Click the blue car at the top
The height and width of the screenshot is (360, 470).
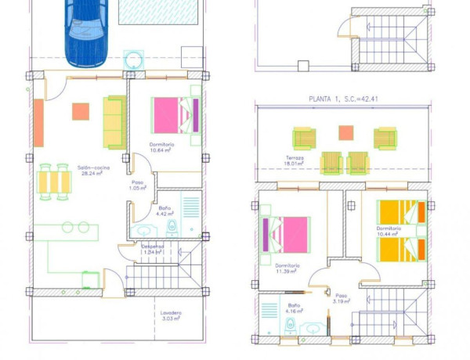(87, 31)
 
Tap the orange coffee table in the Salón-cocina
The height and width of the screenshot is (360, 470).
(81, 111)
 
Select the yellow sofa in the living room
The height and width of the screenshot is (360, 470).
(114, 122)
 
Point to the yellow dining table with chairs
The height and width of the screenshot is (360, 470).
(55, 182)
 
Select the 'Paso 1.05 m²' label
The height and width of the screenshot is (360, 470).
(137, 185)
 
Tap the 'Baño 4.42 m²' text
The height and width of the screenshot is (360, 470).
(164, 210)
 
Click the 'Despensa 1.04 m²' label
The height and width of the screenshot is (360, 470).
(152, 249)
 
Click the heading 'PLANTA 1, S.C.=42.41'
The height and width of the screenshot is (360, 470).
(342, 99)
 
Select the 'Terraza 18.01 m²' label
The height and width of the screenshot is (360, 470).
(295, 160)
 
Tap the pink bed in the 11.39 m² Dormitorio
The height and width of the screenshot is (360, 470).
(286, 235)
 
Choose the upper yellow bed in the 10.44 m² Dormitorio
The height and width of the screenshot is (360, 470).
(400, 212)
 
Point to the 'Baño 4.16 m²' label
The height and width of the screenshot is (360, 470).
(294, 308)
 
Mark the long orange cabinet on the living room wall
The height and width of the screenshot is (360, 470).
(38, 124)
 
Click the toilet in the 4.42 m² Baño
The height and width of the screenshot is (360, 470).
(172, 228)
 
